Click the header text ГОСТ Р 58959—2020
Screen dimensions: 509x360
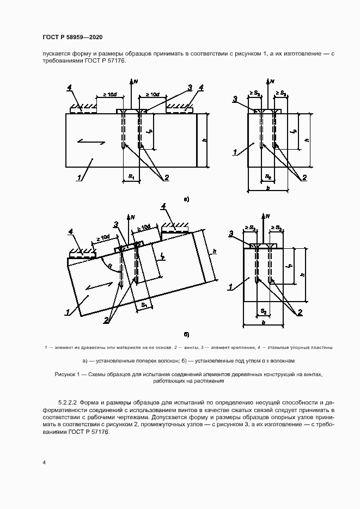click(72, 36)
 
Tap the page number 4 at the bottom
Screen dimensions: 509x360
click(44, 463)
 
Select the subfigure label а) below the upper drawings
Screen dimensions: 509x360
click(186, 200)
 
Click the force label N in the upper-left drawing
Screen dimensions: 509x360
click(136, 81)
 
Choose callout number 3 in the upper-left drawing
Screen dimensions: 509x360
click(190, 88)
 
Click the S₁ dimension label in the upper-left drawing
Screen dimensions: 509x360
click(131, 176)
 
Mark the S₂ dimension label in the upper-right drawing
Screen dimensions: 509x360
click(267, 177)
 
